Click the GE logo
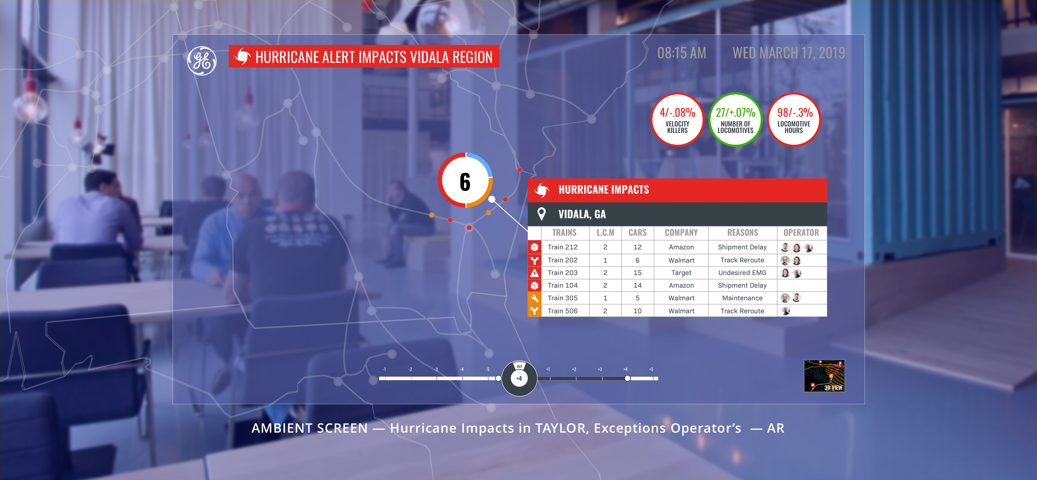[202, 61]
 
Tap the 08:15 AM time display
[682, 53]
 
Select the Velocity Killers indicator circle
[677, 120]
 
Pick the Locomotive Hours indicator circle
[794, 120]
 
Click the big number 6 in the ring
[465, 182]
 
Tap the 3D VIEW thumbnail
[824, 376]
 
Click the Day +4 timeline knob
[519, 378]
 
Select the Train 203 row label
[562, 273]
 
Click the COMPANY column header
[681, 233]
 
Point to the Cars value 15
[637, 273]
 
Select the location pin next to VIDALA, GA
[542, 214]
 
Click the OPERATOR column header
[801, 233]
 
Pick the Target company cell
[681, 273]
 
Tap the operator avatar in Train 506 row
[786, 311]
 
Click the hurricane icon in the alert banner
[242, 56]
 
